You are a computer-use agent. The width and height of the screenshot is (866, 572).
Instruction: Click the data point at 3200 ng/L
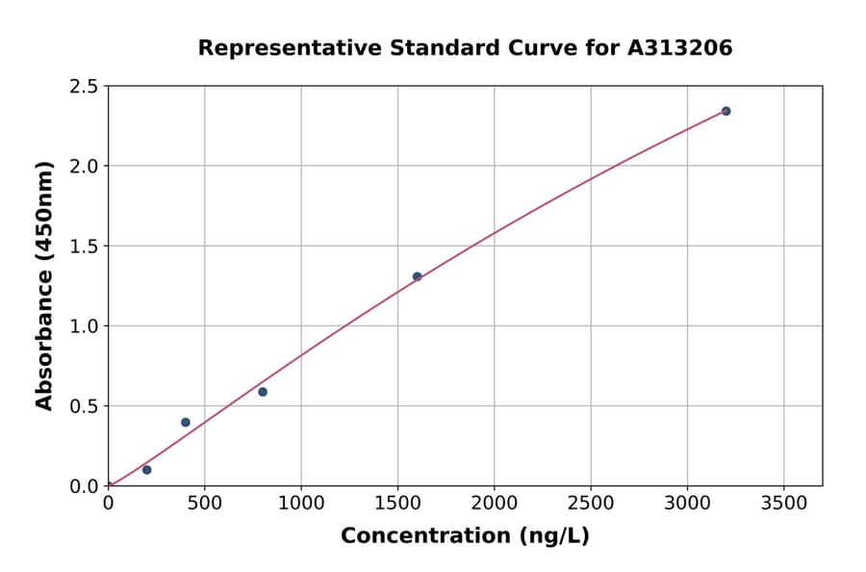726,111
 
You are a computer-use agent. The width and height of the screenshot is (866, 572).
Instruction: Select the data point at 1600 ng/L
417,276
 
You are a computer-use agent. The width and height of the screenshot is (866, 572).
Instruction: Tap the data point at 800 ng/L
263,392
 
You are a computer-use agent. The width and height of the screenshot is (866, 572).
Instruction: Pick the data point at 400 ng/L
186,423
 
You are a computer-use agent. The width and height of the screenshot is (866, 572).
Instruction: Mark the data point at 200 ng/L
146,470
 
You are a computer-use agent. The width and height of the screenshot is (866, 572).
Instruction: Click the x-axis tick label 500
204,504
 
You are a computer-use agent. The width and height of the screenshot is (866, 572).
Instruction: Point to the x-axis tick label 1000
300,504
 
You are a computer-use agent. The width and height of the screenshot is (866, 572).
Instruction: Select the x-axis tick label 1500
397,504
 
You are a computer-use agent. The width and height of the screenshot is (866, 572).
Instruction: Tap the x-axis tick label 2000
494,504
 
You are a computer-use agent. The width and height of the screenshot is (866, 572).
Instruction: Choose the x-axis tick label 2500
591,504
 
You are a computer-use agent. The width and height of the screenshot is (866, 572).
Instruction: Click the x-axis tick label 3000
687,504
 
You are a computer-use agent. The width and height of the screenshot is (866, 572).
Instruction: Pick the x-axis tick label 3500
783,504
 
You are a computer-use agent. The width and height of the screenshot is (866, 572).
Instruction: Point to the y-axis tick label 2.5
85,87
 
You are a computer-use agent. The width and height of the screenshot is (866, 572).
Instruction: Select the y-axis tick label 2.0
85,167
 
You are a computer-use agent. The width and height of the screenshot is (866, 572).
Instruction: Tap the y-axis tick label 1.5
85,247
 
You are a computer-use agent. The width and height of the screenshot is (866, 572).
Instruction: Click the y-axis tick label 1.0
85,326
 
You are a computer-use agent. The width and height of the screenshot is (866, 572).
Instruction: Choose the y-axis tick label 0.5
85,406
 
